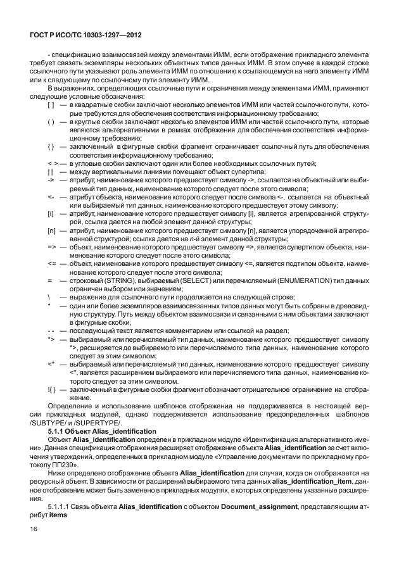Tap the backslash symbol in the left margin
49,297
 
